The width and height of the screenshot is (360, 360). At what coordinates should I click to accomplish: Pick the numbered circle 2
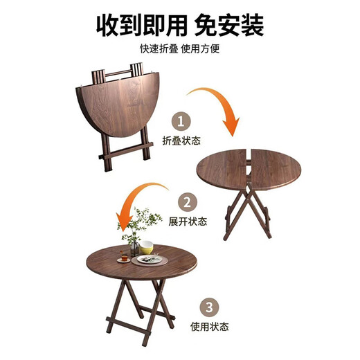(x=186, y=202)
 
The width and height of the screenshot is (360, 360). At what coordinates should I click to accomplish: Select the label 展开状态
(x=186, y=221)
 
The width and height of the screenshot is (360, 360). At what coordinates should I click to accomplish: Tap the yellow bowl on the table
(x=146, y=246)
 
